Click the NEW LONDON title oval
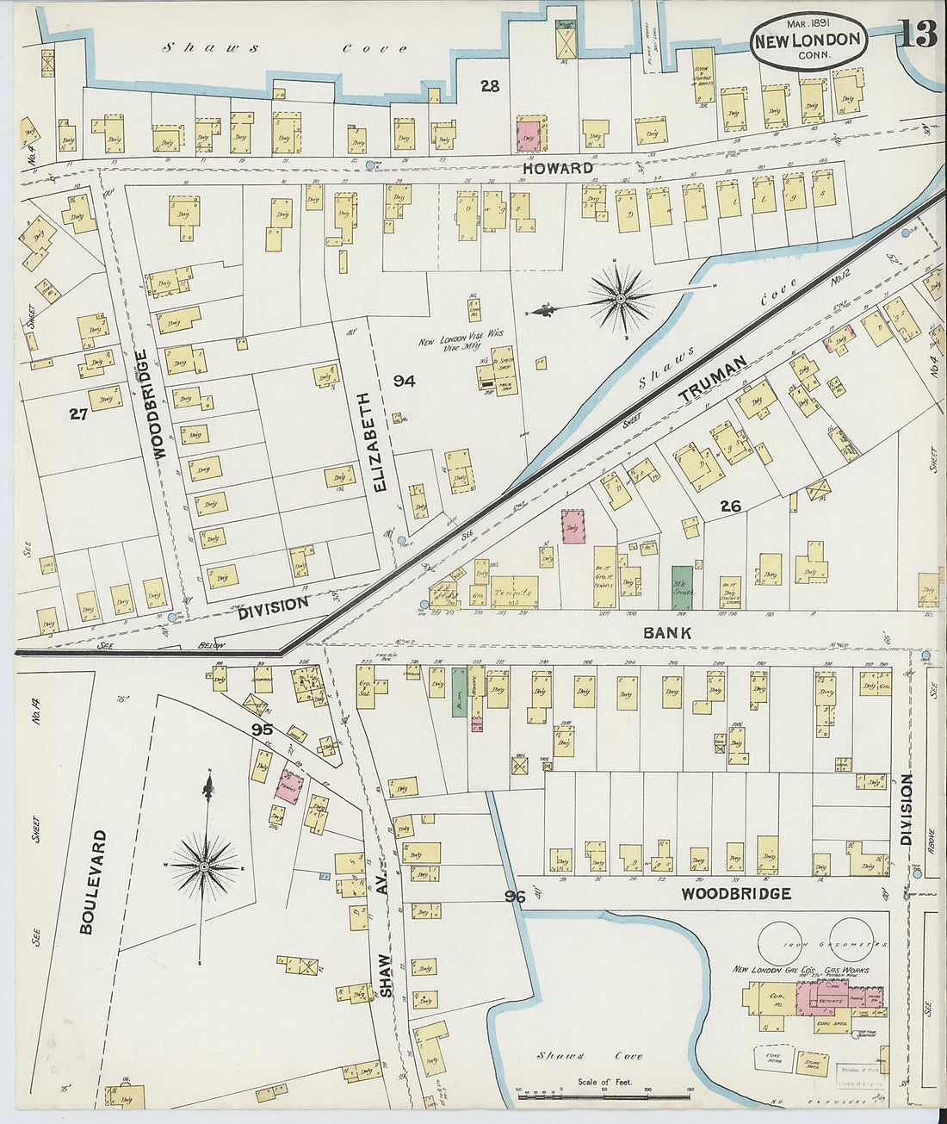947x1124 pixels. coord(807,41)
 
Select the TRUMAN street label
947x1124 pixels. coord(710,382)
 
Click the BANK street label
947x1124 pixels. coord(667,633)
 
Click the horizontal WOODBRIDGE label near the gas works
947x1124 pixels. coord(735,894)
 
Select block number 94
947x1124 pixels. coord(404,381)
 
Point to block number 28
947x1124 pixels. coord(490,86)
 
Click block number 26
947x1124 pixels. coord(730,506)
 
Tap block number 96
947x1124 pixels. coord(515,897)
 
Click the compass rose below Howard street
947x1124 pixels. coord(619,299)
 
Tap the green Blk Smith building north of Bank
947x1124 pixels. coord(682,587)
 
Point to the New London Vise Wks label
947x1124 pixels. coord(461,341)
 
